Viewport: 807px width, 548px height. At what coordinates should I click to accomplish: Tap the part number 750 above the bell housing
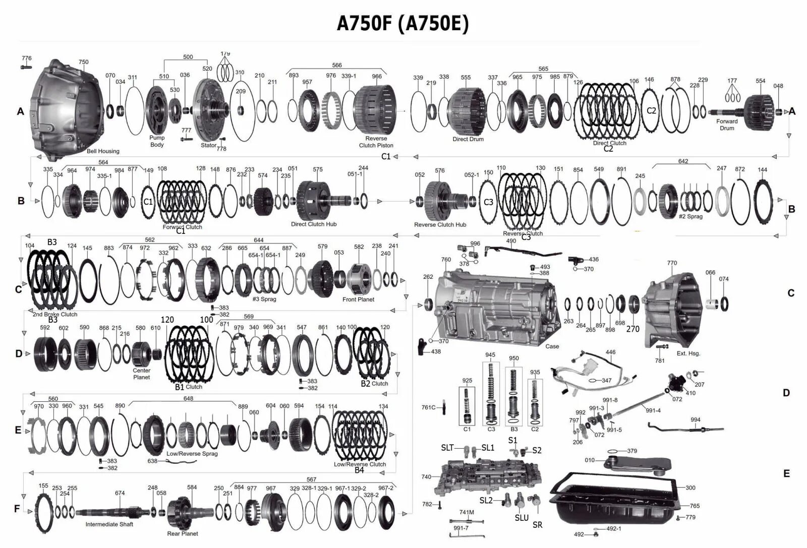(83, 62)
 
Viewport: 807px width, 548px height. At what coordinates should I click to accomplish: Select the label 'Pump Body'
(157, 141)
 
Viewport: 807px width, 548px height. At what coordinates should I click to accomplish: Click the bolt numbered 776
(26, 66)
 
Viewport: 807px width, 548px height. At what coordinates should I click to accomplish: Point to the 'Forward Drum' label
(727, 125)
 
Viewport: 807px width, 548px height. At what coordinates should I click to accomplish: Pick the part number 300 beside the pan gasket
(690, 488)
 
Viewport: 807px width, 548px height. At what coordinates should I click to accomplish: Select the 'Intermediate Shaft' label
(109, 524)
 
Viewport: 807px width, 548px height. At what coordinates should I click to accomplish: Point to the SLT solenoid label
(447, 448)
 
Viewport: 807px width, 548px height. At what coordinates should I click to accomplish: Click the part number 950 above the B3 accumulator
(513, 358)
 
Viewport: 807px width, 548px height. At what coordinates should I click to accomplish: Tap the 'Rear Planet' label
(183, 533)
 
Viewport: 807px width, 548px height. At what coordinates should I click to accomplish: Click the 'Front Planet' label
(358, 299)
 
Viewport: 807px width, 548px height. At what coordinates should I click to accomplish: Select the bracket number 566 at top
(336, 65)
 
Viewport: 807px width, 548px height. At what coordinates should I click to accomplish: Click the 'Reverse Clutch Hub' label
(440, 225)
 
